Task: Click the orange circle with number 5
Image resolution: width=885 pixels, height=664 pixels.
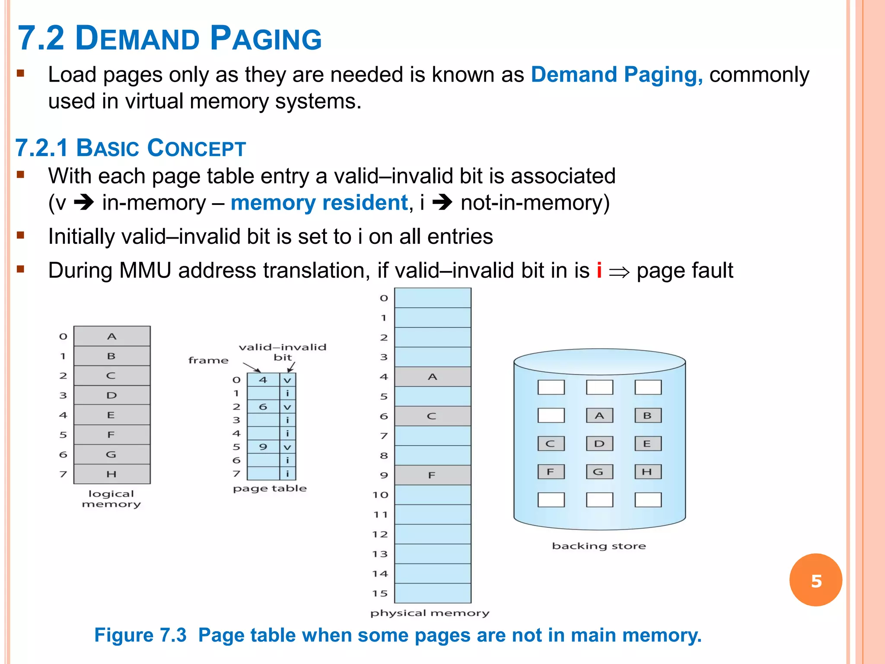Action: click(x=815, y=580)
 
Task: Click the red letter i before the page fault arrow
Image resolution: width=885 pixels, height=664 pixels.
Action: click(x=599, y=271)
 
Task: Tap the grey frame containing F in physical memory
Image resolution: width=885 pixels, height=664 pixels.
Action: click(x=433, y=475)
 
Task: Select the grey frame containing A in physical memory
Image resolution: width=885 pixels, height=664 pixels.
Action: click(x=433, y=377)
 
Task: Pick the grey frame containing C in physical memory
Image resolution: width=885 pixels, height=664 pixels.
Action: click(x=433, y=416)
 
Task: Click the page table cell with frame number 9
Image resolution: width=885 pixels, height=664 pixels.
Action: click(x=263, y=447)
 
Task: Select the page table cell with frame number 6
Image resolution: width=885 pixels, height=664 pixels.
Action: click(x=263, y=407)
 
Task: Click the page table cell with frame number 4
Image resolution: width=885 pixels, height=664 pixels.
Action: click(x=263, y=380)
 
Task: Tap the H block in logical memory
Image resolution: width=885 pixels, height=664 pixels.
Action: click(x=112, y=474)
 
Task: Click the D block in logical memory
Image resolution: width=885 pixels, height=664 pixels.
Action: click(x=112, y=395)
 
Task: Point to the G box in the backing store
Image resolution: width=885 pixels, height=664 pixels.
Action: click(x=599, y=472)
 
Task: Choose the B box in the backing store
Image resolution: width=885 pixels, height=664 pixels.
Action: click(x=648, y=415)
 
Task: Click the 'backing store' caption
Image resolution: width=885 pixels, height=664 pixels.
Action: click(x=599, y=546)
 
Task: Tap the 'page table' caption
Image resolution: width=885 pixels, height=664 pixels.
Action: click(x=270, y=488)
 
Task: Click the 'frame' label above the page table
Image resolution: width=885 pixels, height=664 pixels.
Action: click(x=208, y=360)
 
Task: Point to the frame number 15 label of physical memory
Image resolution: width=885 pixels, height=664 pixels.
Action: click(x=380, y=593)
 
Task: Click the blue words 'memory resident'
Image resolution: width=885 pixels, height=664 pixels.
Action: click(x=319, y=203)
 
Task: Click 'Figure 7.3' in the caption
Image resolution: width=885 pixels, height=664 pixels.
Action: click(x=140, y=635)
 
